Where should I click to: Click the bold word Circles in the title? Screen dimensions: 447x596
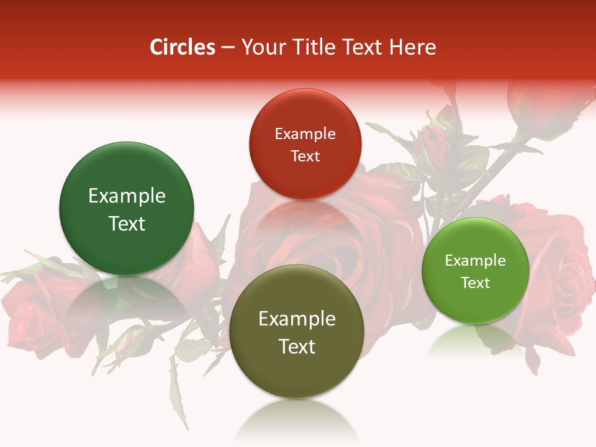click(x=183, y=47)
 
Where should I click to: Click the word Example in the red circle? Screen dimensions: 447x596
click(x=305, y=133)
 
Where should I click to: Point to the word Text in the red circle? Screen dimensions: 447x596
click(x=305, y=156)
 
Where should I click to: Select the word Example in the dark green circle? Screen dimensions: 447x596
click(x=127, y=196)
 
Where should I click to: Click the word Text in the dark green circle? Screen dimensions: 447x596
click(x=127, y=223)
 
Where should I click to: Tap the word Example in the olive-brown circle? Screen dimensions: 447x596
click(x=297, y=319)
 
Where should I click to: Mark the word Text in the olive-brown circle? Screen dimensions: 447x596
click(x=297, y=346)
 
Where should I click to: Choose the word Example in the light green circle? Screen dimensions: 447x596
click(x=476, y=260)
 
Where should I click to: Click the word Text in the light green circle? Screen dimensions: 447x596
click(x=476, y=282)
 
